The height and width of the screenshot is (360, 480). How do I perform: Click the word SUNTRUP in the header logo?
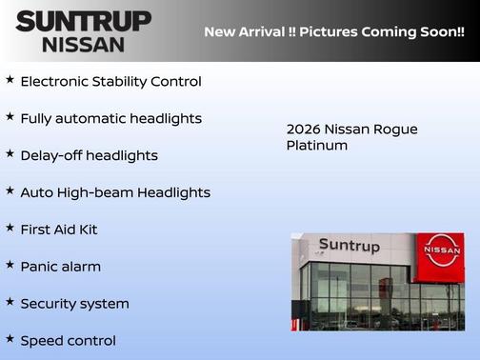84,21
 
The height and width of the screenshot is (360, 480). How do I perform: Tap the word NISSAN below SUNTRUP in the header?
84,44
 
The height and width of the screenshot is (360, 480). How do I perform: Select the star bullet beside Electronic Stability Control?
10,80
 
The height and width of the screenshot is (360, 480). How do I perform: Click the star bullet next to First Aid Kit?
10,229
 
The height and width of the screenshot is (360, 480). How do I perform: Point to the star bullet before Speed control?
10,339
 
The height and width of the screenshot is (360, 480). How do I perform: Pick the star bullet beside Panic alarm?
10,265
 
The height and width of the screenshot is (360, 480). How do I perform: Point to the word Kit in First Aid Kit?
88,230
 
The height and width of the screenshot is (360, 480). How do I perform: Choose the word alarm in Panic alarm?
80,267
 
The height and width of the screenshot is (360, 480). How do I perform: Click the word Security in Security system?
50,304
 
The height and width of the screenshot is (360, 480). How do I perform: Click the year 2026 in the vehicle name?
304,130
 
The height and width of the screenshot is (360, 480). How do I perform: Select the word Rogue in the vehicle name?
395,130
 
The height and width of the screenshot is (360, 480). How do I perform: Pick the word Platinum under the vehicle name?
317,146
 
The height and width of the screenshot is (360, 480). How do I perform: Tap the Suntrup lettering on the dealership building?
349,246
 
